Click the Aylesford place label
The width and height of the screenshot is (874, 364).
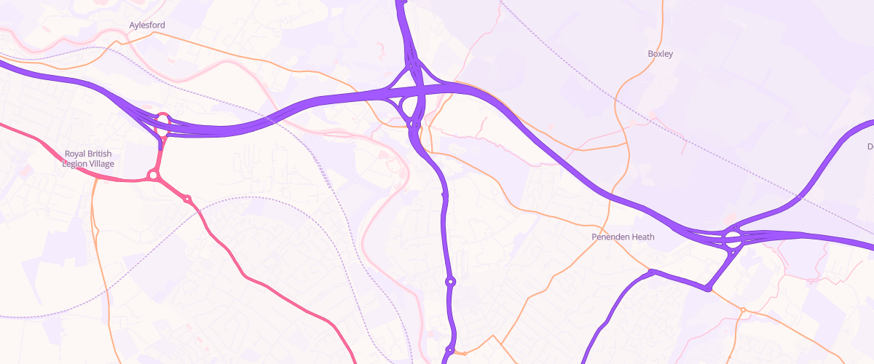click(147, 25)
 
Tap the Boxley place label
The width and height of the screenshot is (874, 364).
click(661, 54)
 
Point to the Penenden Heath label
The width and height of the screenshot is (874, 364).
click(623, 237)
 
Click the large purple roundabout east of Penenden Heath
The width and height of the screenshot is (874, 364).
click(732, 237)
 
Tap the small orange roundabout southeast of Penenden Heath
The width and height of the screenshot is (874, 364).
click(743, 310)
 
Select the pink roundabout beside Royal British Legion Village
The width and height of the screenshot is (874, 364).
click(153, 175)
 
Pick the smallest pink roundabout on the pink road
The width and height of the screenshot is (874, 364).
click(187, 199)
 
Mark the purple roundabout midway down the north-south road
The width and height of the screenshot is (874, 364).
click(451, 281)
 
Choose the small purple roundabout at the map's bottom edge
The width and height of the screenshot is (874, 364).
click(450, 351)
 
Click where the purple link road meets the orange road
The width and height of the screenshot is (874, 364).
click(707, 289)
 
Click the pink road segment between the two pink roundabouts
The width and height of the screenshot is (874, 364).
click(170, 187)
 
